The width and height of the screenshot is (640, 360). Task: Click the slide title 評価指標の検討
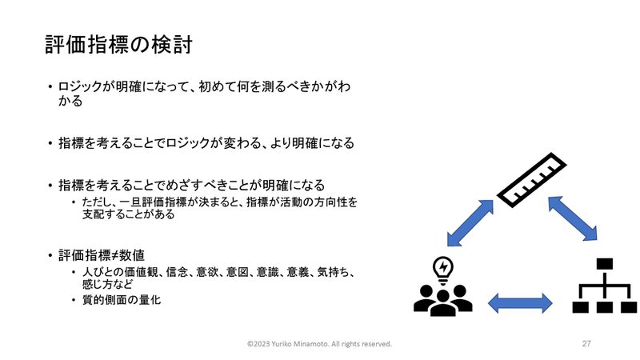118,45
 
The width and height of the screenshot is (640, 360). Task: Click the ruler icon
532,180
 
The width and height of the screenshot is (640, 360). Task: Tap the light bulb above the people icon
443,270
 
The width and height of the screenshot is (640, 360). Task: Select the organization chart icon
605,286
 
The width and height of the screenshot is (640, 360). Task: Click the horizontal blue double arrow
520,303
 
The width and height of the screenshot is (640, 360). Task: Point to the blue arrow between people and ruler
470,223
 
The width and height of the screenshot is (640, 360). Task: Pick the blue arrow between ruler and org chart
572,218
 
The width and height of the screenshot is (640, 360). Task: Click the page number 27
586,344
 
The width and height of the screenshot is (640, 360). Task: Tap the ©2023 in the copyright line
258,344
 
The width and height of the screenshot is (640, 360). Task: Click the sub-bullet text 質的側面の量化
122,300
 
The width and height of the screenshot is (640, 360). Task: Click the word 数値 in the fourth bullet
132,255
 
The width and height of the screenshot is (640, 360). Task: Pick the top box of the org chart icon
605,263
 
